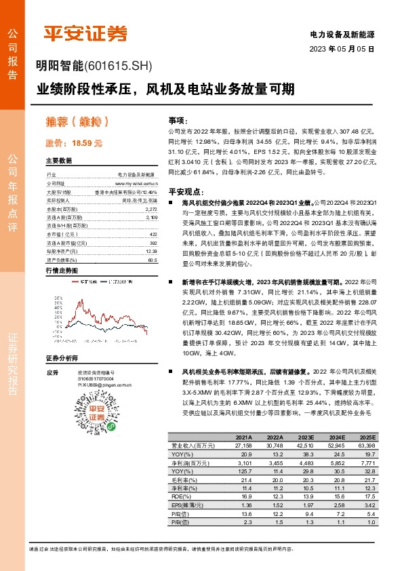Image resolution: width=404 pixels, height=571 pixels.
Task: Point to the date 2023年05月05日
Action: pos(342,50)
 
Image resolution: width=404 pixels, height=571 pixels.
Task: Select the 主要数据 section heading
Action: pos(59,161)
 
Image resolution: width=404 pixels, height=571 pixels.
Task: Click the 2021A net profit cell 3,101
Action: pos(242,461)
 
